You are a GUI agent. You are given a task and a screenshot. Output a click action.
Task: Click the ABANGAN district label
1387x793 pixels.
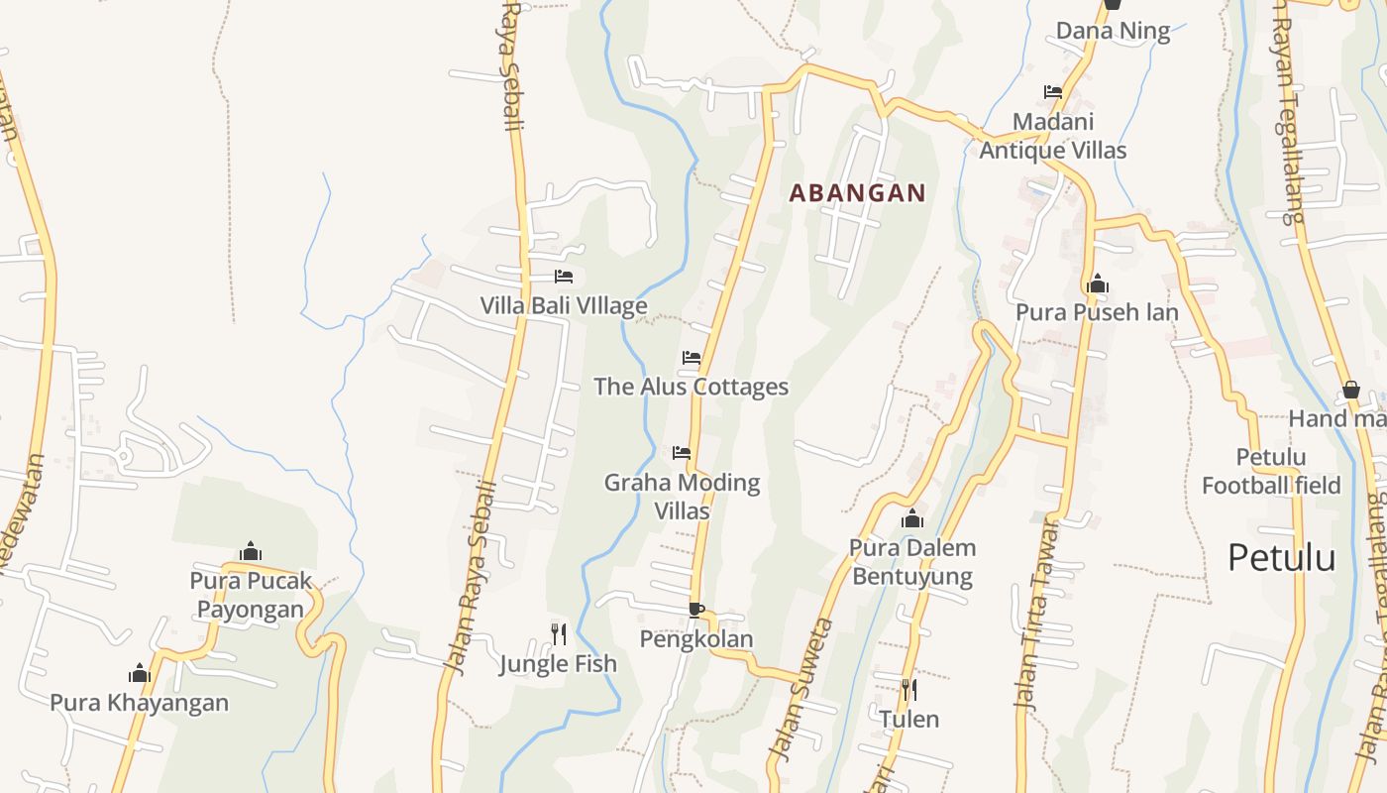857,193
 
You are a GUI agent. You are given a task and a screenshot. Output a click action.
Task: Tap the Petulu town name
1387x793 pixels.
1281,558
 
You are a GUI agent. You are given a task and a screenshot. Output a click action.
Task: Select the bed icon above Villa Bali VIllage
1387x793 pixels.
564,277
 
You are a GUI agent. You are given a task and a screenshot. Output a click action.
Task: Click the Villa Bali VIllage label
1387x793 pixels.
564,305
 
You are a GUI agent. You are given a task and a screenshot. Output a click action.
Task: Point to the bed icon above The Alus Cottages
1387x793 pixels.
692,358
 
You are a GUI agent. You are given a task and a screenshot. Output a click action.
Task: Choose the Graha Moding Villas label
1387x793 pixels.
683,497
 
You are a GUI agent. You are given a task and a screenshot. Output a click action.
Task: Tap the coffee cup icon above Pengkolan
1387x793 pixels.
695,610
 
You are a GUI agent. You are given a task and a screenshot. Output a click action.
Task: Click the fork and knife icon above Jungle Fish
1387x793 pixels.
559,633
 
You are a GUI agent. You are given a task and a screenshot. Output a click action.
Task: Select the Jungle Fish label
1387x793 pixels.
558,663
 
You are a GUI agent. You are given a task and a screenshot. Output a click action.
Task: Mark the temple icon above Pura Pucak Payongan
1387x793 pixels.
251,551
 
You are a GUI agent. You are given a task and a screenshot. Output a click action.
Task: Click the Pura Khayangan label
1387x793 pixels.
140,703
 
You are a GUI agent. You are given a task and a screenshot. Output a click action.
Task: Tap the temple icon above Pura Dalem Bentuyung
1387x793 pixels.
912,518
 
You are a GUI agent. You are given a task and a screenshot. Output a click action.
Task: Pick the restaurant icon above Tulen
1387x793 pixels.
908,689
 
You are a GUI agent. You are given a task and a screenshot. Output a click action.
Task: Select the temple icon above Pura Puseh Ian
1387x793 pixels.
1097,284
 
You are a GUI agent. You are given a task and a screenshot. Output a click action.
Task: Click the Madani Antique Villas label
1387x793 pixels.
1053,136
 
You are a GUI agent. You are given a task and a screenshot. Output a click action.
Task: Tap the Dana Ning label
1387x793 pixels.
1113,31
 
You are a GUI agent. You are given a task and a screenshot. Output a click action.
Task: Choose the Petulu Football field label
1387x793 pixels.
1271,471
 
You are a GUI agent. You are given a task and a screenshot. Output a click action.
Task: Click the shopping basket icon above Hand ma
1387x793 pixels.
1351,390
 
